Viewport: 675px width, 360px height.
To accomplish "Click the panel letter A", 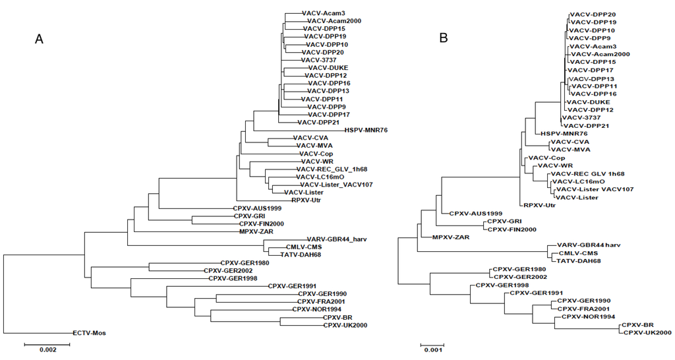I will (40, 40).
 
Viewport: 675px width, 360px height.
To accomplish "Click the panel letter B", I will (444, 40).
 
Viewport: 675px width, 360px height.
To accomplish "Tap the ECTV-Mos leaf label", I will (89, 333).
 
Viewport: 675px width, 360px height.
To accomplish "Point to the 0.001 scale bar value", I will (432, 351).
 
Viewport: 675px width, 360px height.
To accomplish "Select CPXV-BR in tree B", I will (637, 325).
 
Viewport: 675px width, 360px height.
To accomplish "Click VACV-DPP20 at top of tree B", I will (593, 14).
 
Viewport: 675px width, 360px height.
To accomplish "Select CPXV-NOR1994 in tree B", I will (587, 316).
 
